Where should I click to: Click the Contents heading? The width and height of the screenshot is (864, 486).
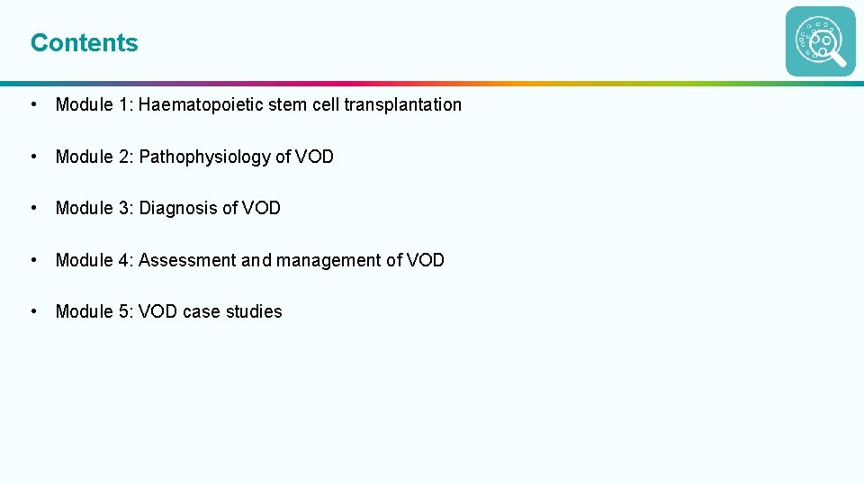click(85, 42)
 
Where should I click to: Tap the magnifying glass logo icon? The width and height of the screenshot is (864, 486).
click(820, 41)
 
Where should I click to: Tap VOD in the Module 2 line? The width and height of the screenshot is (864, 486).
click(314, 157)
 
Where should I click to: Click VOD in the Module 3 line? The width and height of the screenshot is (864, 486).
click(261, 208)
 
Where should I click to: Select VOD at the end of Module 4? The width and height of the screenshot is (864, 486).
click(426, 260)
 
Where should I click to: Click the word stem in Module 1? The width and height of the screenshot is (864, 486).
click(286, 104)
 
